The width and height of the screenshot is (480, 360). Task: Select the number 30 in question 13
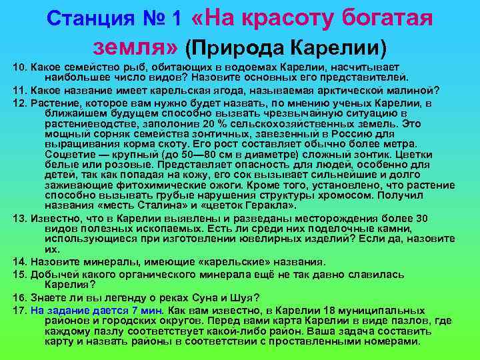point(422,219)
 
